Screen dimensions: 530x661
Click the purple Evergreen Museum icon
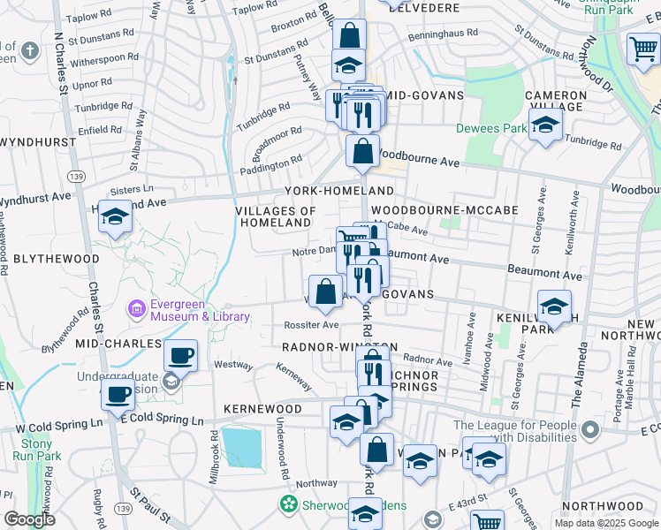(137, 309)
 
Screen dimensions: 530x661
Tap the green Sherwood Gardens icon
(289, 504)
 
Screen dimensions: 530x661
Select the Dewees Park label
(490, 128)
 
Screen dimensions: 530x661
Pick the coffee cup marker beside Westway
(181, 357)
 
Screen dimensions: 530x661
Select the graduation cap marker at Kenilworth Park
(554, 308)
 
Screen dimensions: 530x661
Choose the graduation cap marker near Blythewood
(115, 217)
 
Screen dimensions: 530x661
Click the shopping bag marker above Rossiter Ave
(326, 291)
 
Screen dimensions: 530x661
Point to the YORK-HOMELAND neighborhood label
(338, 192)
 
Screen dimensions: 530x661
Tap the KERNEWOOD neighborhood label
(257, 410)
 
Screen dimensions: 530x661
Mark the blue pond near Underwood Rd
(242, 447)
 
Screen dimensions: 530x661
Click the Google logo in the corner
(29, 520)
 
